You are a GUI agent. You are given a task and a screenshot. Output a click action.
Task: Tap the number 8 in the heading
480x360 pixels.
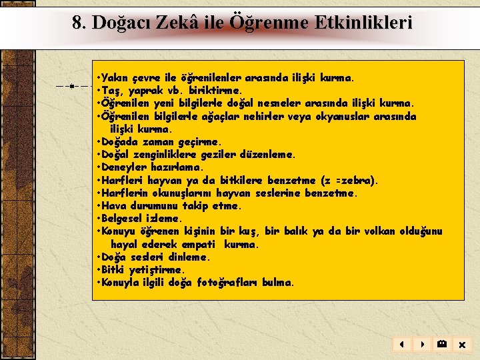78,23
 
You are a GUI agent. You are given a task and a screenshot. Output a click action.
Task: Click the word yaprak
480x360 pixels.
143,91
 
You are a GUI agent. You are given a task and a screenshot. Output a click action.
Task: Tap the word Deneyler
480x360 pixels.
123,168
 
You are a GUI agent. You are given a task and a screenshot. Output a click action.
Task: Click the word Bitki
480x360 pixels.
114,270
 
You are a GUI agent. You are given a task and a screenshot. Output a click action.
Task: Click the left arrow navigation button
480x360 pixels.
402,345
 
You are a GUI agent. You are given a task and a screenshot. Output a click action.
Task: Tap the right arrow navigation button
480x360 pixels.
421,345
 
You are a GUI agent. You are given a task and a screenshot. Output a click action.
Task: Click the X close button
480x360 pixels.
461,345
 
